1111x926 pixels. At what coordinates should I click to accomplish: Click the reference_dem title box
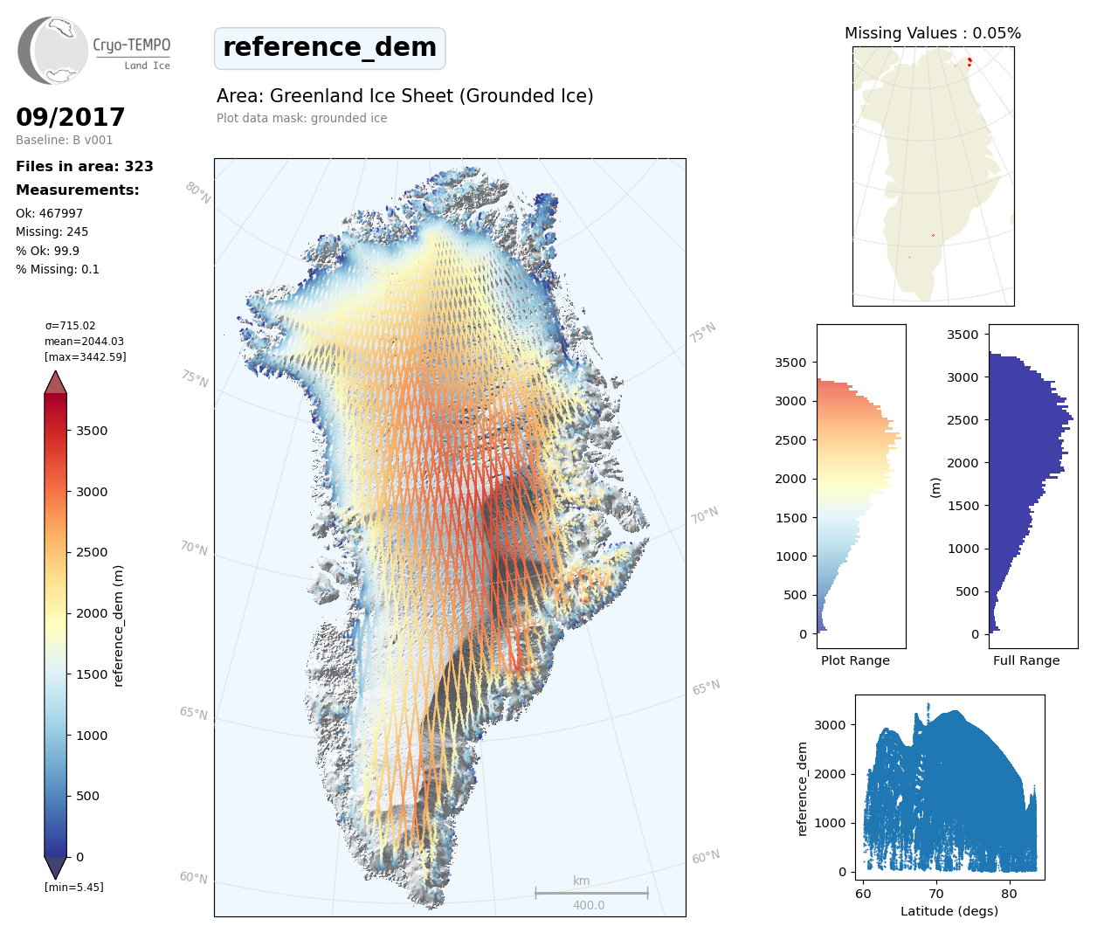coord(329,48)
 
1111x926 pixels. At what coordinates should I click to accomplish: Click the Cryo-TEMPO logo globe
coord(54,51)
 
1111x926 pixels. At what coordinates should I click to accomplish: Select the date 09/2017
coord(70,117)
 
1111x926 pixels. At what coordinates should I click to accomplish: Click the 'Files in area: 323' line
coord(85,167)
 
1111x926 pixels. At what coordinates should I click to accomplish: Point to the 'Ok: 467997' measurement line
coord(49,213)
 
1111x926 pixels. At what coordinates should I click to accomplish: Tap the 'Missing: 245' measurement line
coord(52,231)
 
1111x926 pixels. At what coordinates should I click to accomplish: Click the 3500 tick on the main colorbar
coord(91,431)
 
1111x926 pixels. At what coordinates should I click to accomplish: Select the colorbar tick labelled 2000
coord(91,613)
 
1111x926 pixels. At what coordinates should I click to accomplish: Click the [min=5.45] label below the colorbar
coord(73,888)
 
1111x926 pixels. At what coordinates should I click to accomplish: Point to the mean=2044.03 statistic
coord(84,342)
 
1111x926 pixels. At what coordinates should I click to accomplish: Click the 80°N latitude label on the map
coord(198,193)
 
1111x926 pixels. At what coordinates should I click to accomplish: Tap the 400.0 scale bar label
coord(589,905)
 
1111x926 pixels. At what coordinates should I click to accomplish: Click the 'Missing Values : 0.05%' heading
coord(932,33)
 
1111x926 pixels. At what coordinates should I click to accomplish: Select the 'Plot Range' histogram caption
coord(855,660)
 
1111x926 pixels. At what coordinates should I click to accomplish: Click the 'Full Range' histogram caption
coord(1025,660)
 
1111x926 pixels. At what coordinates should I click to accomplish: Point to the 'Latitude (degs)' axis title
coord(949,911)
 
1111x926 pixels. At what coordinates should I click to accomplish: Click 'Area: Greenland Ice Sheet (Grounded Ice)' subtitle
coord(404,96)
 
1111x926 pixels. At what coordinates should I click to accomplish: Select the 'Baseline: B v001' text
coord(64,140)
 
